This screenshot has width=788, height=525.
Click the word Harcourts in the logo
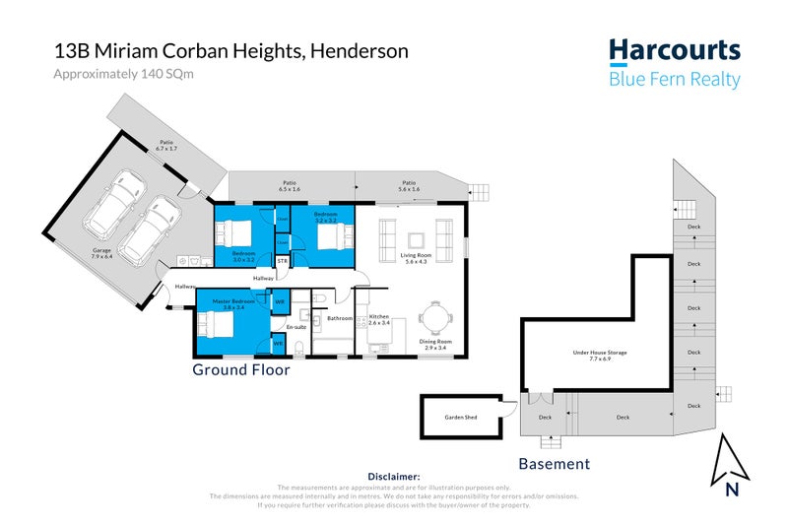(x=674, y=51)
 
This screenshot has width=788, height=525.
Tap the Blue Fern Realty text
(x=674, y=80)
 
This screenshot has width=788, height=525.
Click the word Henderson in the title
(x=359, y=51)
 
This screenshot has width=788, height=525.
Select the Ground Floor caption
(x=240, y=370)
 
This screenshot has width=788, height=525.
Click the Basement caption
(x=554, y=463)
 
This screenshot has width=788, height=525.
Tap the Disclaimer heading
(x=394, y=476)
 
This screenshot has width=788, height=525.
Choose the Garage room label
(x=102, y=251)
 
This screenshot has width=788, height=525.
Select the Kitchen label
(x=379, y=318)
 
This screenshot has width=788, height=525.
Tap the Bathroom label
(x=340, y=318)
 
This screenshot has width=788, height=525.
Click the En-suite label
(x=296, y=326)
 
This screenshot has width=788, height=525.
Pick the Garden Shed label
(x=461, y=418)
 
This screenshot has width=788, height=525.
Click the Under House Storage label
(x=600, y=353)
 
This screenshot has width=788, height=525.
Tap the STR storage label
(x=282, y=260)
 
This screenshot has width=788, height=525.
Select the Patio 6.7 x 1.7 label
(x=166, y=145)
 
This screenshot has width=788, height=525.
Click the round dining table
(x=434, y=317)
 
